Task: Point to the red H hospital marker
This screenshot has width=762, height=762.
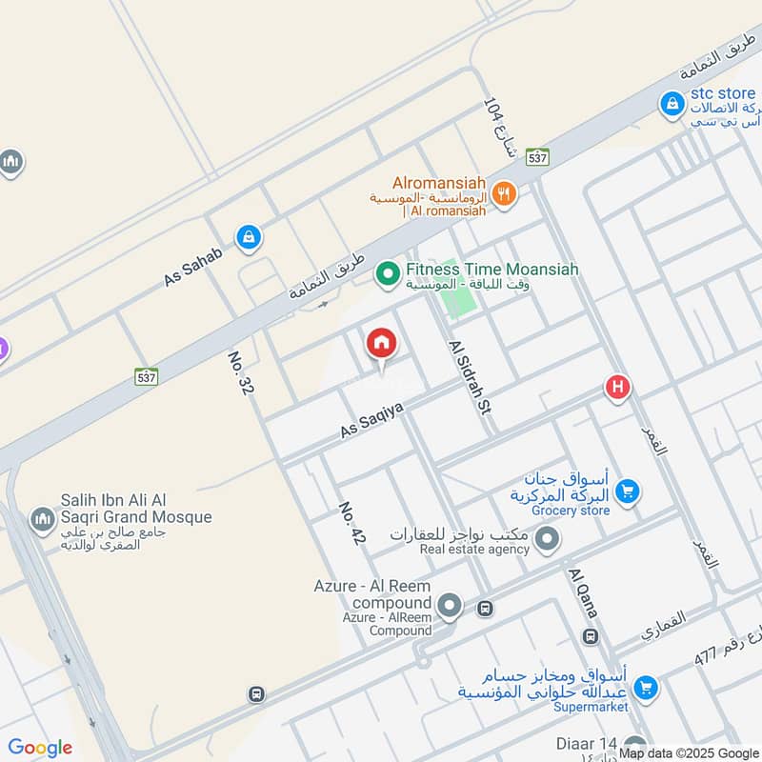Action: point(617,388)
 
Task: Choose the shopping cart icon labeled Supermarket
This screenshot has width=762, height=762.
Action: point(646,686)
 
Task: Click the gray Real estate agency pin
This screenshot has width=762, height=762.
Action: point(547,541)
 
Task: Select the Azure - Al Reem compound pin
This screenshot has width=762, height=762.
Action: point(450,605)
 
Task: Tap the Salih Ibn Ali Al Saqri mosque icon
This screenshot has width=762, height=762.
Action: point(42,520)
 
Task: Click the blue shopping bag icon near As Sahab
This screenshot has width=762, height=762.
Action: point(249,237)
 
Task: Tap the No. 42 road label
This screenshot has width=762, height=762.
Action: point(351,525)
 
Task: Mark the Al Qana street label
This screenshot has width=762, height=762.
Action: point(582,592)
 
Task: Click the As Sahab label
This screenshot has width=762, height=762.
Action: point(192,266)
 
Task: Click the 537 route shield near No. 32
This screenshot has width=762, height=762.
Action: point(146,376)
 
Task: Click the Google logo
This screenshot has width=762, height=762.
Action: point(40,748)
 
